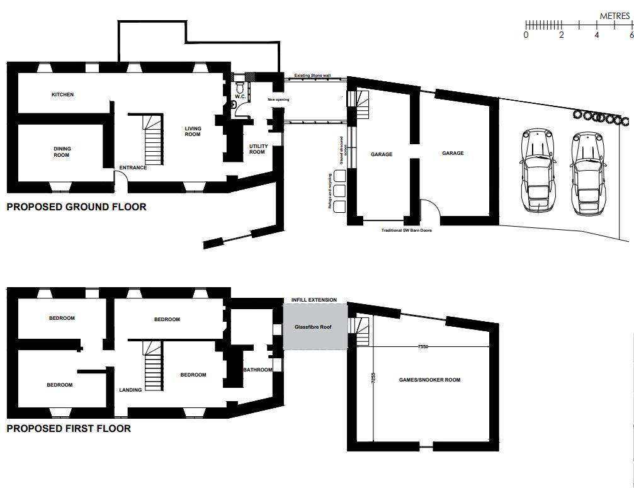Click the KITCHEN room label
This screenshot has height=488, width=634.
coord(62,94)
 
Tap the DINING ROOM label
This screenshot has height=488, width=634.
coord(62,152)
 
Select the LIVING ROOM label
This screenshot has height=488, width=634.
coord(193,131)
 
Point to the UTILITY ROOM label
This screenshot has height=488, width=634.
coord(258,149)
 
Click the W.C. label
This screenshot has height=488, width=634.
coord(239,97)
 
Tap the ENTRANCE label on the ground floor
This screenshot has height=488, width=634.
coord(133,167)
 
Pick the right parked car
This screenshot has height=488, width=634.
coord(587,172)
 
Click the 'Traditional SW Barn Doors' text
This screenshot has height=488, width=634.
coord(406,230)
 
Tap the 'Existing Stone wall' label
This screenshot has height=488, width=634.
coord(312,75)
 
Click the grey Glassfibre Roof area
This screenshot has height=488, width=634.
coord(314,327)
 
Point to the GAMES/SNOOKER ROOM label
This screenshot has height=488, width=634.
coord(429,380)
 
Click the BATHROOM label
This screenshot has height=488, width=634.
coord(258,370)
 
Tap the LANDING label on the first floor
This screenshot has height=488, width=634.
coord(130,390)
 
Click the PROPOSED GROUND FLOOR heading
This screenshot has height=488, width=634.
coord(76,207)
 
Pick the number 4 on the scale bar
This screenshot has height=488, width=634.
coord(597,35)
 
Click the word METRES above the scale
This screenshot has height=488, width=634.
coord(614,16)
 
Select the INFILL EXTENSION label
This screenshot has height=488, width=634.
coord(314,300)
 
